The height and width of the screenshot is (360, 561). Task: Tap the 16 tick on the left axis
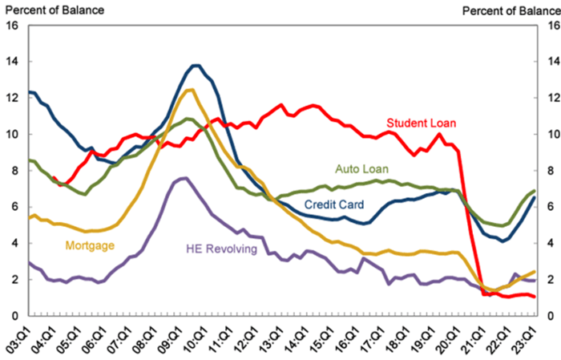[x=12, y=25]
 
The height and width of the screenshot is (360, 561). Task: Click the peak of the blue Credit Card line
[x=196, y=65]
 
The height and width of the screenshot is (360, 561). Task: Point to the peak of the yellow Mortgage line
[x=189, y=90]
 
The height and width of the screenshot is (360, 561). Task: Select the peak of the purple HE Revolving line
[x=184, y=178]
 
